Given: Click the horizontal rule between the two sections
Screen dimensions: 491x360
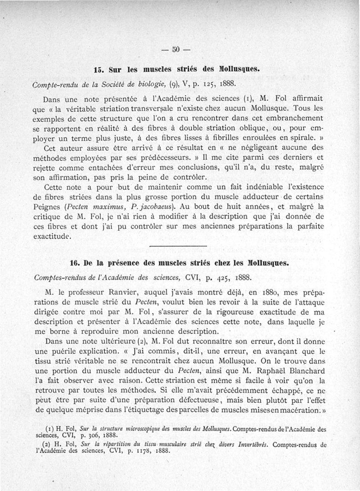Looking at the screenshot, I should (x=178, y=246).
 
